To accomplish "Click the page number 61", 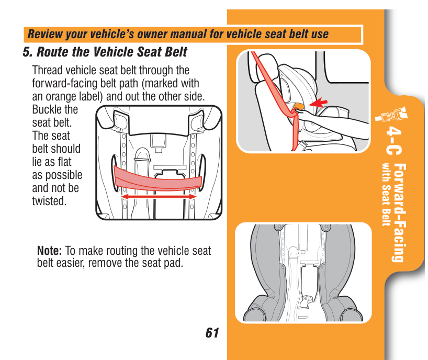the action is coord(212,333).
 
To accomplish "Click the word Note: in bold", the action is coord(49,251).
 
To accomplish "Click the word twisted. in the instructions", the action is coord(49,201).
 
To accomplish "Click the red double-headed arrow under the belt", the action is coord(159,197).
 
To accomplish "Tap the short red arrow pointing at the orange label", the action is coord(318,103).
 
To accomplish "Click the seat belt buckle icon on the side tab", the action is coord(392,115).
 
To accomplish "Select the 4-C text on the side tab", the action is coord(394,141).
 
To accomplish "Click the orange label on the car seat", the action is coord(298,106).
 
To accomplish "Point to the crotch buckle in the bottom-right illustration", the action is coord(306,302).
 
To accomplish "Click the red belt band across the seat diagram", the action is coord(157,179).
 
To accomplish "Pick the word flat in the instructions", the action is coord(64,162).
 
